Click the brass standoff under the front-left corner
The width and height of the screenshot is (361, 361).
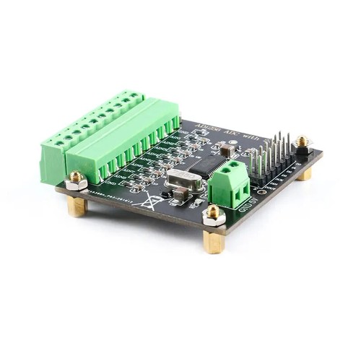click(x=77, y=206)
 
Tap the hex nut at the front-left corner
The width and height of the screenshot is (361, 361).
click(x=76, y=180)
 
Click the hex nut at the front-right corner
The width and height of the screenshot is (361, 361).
click(x=213, y=215)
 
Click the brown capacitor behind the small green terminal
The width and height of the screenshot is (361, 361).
click(x=226, y=150)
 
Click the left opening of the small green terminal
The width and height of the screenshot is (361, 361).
click(x=225, y=193)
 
